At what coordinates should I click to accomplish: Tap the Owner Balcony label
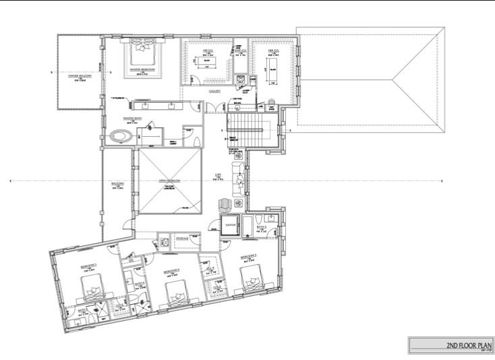tap(79, 76)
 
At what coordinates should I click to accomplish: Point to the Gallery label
tap(215, 91)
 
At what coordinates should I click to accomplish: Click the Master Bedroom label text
tap(144, 69)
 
